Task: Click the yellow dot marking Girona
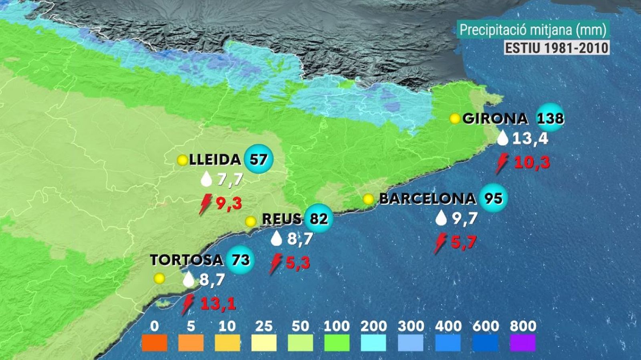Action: click(455, 119)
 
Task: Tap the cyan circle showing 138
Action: click(550, 118)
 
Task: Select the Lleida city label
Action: click(215, 160)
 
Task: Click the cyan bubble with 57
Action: click(258, 159)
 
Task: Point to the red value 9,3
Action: click(229, 203)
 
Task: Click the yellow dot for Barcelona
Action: click(368, 199)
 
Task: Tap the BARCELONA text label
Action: click(427, 199)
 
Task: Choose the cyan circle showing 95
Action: click(493, 198)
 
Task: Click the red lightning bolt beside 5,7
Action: click(440, 243)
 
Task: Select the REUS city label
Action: click(282, 219)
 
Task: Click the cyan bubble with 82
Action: click(319, 219)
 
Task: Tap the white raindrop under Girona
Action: click(503, 139)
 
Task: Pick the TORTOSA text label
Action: click(186, 260)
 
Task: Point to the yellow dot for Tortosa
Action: click(159, 278)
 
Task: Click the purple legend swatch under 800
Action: click(523, 343)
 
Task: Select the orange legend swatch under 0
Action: click(154, 343)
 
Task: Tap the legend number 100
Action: click(337, 326)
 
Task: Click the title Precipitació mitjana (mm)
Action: click(532, 30)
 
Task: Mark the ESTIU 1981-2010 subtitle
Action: click(556, 48)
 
